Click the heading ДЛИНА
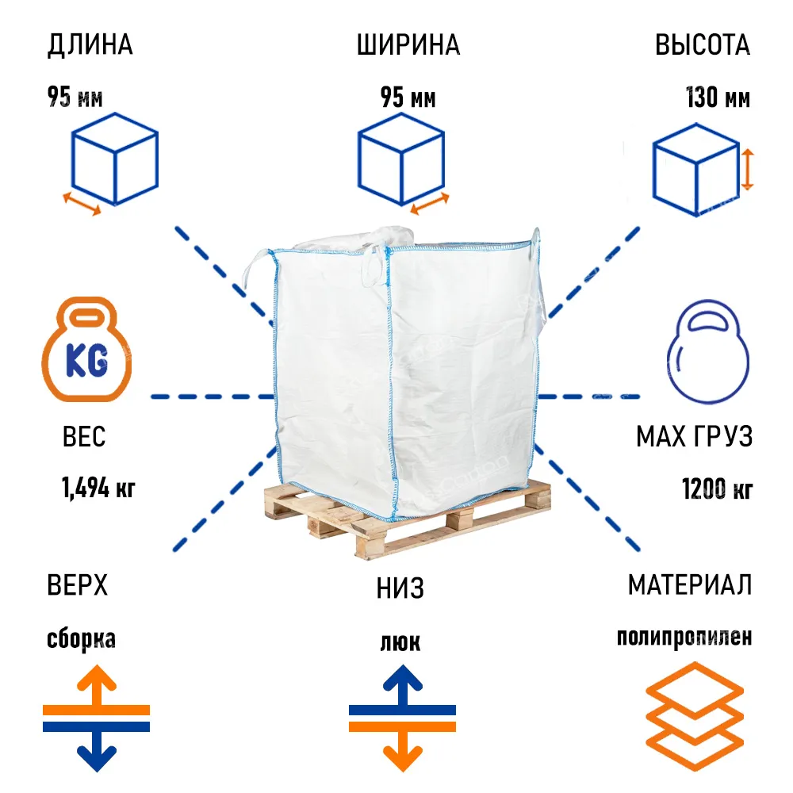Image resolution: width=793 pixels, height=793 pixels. tap(90, 45)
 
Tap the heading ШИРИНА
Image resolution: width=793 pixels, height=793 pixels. tap(408, 45)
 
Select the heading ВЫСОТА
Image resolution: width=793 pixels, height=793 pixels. tap(703, 45)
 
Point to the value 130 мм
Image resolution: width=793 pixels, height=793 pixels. tap(718, 97)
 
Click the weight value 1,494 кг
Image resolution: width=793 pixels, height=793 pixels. tap(98, 488)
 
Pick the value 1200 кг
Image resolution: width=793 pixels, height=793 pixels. tap(717, 488)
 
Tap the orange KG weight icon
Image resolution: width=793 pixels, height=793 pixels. tap(86, 350)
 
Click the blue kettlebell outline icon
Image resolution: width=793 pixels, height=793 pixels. tap(708, 352)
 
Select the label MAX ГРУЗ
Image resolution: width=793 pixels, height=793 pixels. tap(695, 436)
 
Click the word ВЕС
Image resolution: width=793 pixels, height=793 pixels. tap(84, 436)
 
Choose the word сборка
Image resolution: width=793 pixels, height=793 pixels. tap(81, 638)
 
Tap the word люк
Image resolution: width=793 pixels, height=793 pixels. tap(400, 642)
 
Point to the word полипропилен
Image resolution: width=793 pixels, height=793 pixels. tap(684, 638)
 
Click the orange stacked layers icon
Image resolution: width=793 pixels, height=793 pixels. tap(695, 716)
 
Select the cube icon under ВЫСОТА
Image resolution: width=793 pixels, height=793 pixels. tap(696, 170)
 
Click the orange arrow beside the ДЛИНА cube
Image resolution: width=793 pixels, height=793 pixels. tap(82, 203)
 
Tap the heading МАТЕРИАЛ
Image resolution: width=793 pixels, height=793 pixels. tap(690, 585)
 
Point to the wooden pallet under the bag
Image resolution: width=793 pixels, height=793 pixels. tap(408, 521)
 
